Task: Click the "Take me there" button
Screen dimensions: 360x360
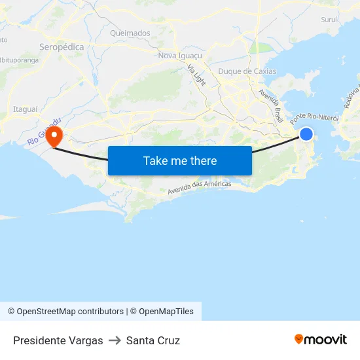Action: click(179, 160)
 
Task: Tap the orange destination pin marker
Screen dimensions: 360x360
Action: click(53, 135)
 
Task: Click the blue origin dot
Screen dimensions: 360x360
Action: click(306, 134)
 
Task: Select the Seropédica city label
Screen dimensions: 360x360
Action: click(62, 47)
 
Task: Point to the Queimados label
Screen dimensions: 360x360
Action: click(130, 33)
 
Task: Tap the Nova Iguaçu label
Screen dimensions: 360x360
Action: click(180, 56)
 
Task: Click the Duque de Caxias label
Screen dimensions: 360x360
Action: click(247, 71)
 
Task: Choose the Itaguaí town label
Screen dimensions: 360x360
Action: click(26, 109)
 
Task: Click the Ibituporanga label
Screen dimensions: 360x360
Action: click(19, 60)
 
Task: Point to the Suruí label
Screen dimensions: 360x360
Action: click(329, 20)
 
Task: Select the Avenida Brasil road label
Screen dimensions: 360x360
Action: click(270, 105)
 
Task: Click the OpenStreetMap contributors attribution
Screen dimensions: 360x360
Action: click(65, 312)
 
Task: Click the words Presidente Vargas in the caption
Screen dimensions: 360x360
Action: click(58, 340)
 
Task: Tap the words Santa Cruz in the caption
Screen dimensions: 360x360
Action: click(153, 340)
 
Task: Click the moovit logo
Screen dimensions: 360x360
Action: click(321, 340)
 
